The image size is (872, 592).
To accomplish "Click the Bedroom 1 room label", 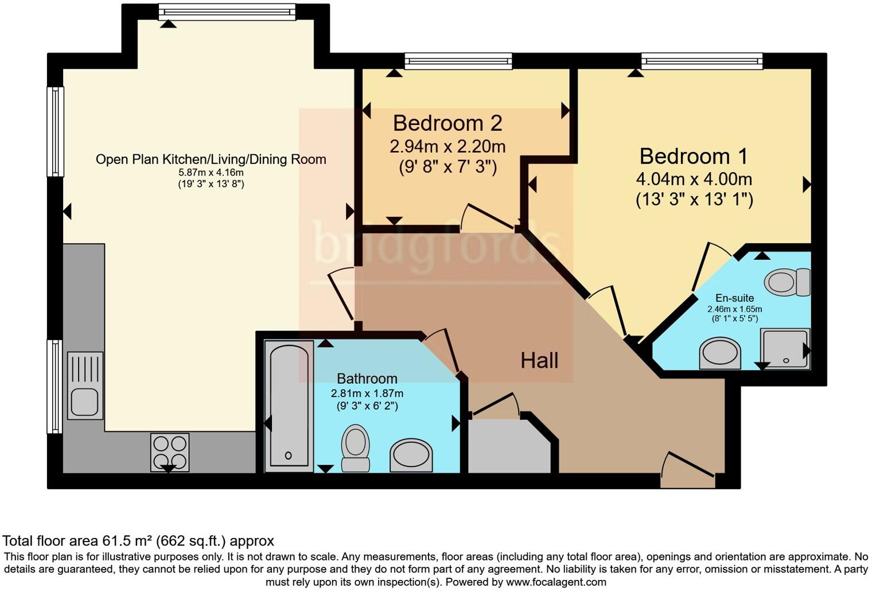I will click(694, 156).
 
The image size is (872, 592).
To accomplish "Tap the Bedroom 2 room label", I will click(447, 123).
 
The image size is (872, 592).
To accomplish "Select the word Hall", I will click(539, 361).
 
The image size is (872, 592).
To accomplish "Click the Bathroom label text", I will click(367, 379).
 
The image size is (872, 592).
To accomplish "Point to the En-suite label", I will click(734, 298).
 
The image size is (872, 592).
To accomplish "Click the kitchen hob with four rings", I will click(170, 453).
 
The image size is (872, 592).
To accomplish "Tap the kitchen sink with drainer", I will click(85, 385).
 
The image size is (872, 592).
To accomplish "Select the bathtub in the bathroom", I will click(289, 406).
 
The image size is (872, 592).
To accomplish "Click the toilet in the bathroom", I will click(355, 448).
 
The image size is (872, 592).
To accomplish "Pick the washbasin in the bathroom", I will click(411, 455).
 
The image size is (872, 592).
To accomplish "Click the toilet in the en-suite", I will click(787, 282).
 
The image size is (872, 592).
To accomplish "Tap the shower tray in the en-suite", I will click(784, 348).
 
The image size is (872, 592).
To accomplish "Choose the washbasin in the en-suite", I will click(720, 353).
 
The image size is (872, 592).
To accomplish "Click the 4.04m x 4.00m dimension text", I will click(694, 179).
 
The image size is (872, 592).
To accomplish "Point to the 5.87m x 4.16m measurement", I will click(211, 173).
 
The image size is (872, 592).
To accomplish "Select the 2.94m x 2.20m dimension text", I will click(447, 147).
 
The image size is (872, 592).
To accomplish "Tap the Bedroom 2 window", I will click(458, 61).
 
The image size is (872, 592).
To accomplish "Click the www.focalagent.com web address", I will click(555, 582).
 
